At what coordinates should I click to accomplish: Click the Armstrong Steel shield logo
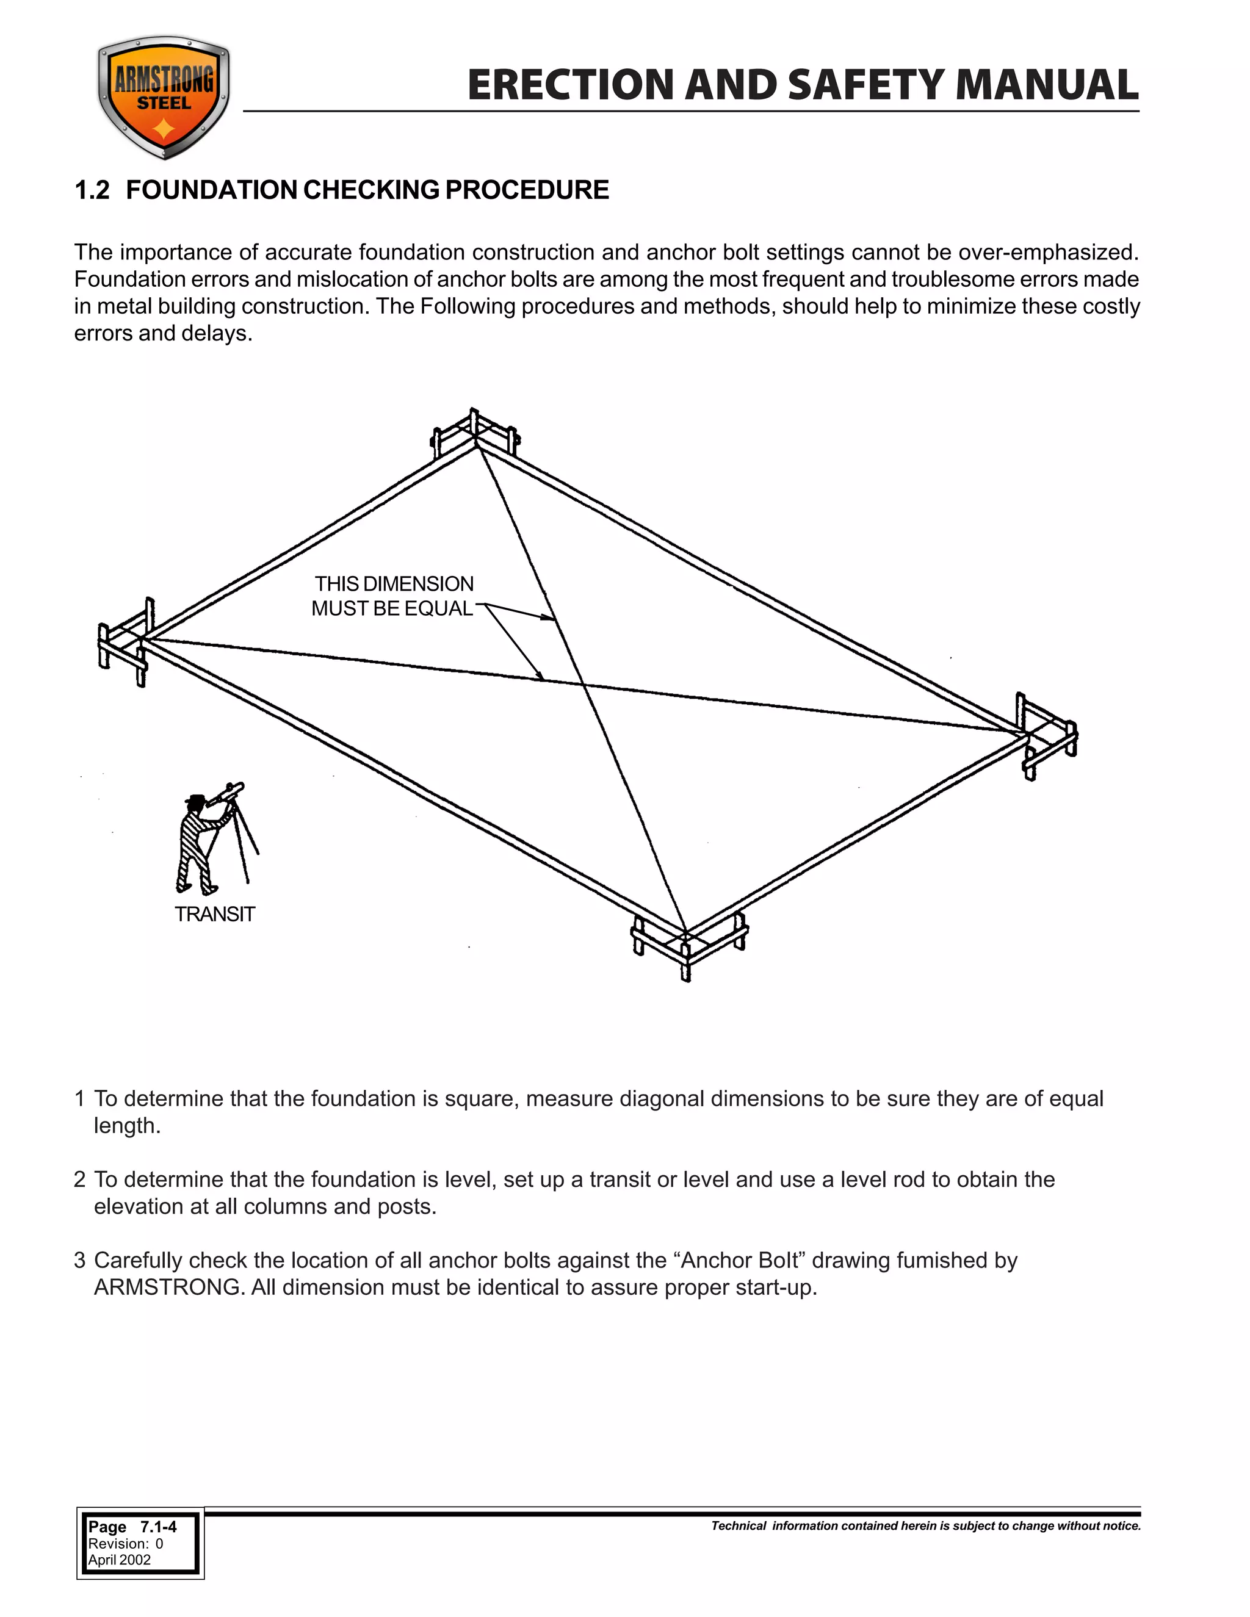pyautogui.click(x=164, y=98)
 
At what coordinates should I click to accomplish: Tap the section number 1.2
pyautogui.click(x=92, y=190)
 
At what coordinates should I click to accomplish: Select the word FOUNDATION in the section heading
pyautogui.click(x=212, y=190)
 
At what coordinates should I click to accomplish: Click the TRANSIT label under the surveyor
pyautogui.click(x=215, y=915)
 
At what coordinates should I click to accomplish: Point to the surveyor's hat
pyautogui.click(x=195, y=799)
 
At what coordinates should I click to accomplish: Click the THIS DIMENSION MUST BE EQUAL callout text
pyautogui.click(x=392, y=596)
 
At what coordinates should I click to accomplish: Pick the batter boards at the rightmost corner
pyautogui.click(x=1046, y=736)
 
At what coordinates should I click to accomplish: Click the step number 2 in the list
pyautogui.click(x=80, y=1179)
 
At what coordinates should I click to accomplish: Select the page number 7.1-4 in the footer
pyautogui.click(x=159, y=1527)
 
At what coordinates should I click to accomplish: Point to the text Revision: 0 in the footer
pyautogui.click(x=125, y=1544)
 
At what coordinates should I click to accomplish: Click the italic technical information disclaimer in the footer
pyautogui.click(x=926, y=1526)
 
